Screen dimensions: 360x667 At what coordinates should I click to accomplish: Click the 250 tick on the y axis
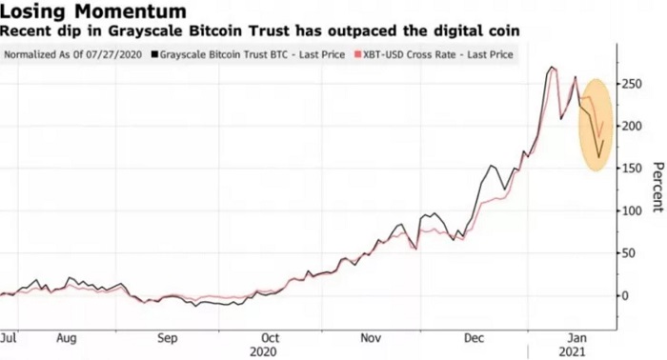[x=634, y=85]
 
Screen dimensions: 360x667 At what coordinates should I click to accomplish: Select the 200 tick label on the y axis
[x=634, y=127]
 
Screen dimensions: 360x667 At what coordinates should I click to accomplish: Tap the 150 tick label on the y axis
[x=634, y=169]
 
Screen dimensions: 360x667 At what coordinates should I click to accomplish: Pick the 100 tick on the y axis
[x=634, y=210]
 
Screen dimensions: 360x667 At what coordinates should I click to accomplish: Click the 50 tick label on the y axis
[x=631, y=252]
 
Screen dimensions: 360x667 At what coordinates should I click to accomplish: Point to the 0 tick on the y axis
[x=627, y=295]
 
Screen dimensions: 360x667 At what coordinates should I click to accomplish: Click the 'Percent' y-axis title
[x=657, y=186]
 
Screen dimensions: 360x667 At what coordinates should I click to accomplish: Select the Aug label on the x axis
[x=66, y=337]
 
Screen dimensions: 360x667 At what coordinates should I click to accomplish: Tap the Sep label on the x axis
[x=168, y=337]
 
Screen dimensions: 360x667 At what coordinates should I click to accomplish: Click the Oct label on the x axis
[x=271, y=337]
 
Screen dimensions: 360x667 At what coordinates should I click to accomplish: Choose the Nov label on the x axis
[x=372, y=337]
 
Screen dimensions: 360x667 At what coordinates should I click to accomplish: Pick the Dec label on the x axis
[x=475, y=337]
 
